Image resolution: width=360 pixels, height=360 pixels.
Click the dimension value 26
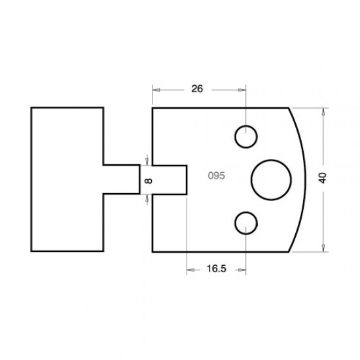click(x=198, y=90)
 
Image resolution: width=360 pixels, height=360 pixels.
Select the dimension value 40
click(x=322, y=177)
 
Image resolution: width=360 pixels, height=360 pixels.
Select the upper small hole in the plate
click(x=246, y=137)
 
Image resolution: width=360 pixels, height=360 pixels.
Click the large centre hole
click(x=270, y=178)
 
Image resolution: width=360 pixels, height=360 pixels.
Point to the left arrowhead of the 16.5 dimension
click(x=190, y=269)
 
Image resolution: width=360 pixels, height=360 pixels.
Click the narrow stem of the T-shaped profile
click(x=121, y=179)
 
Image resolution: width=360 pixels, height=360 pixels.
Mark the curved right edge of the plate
click(x=300, y=178)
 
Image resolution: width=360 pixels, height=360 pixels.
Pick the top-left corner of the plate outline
click(x=153, y=108)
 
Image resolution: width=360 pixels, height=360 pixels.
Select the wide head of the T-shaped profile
click(x=67, y=179)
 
